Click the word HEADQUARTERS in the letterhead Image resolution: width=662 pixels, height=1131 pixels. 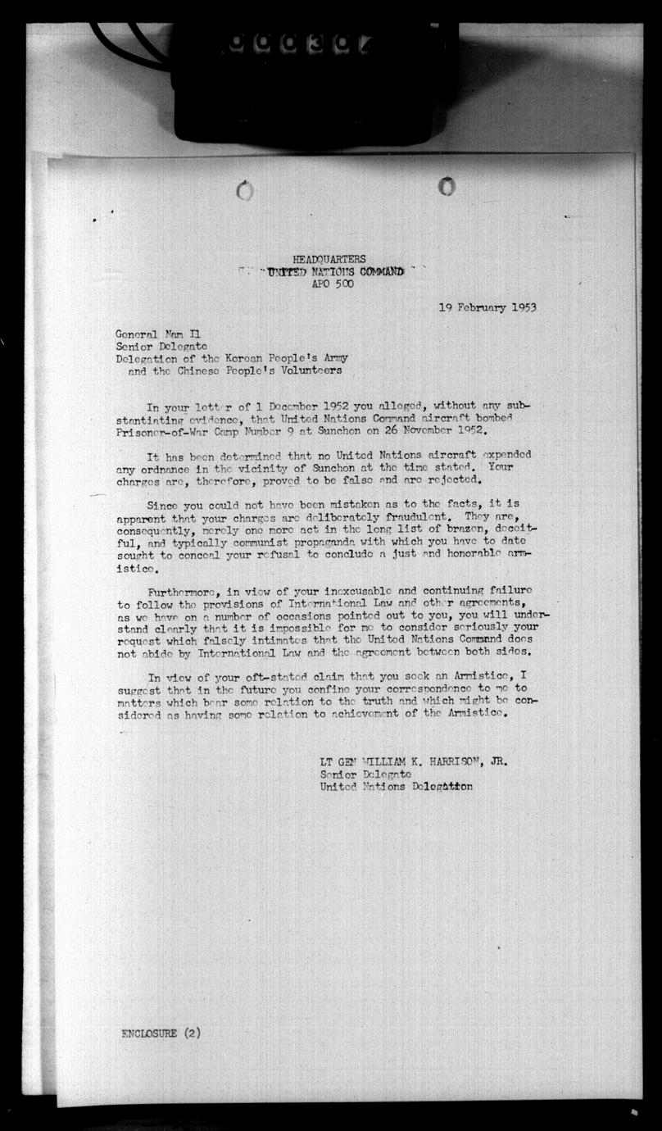(329, 260)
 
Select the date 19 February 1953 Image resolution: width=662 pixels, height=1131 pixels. (487, 308)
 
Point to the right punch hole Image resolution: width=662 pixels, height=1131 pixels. (447, 187)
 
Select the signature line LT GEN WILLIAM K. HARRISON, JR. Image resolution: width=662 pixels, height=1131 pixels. (413, 761)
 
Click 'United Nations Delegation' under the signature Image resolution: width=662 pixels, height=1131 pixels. (396, 787)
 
